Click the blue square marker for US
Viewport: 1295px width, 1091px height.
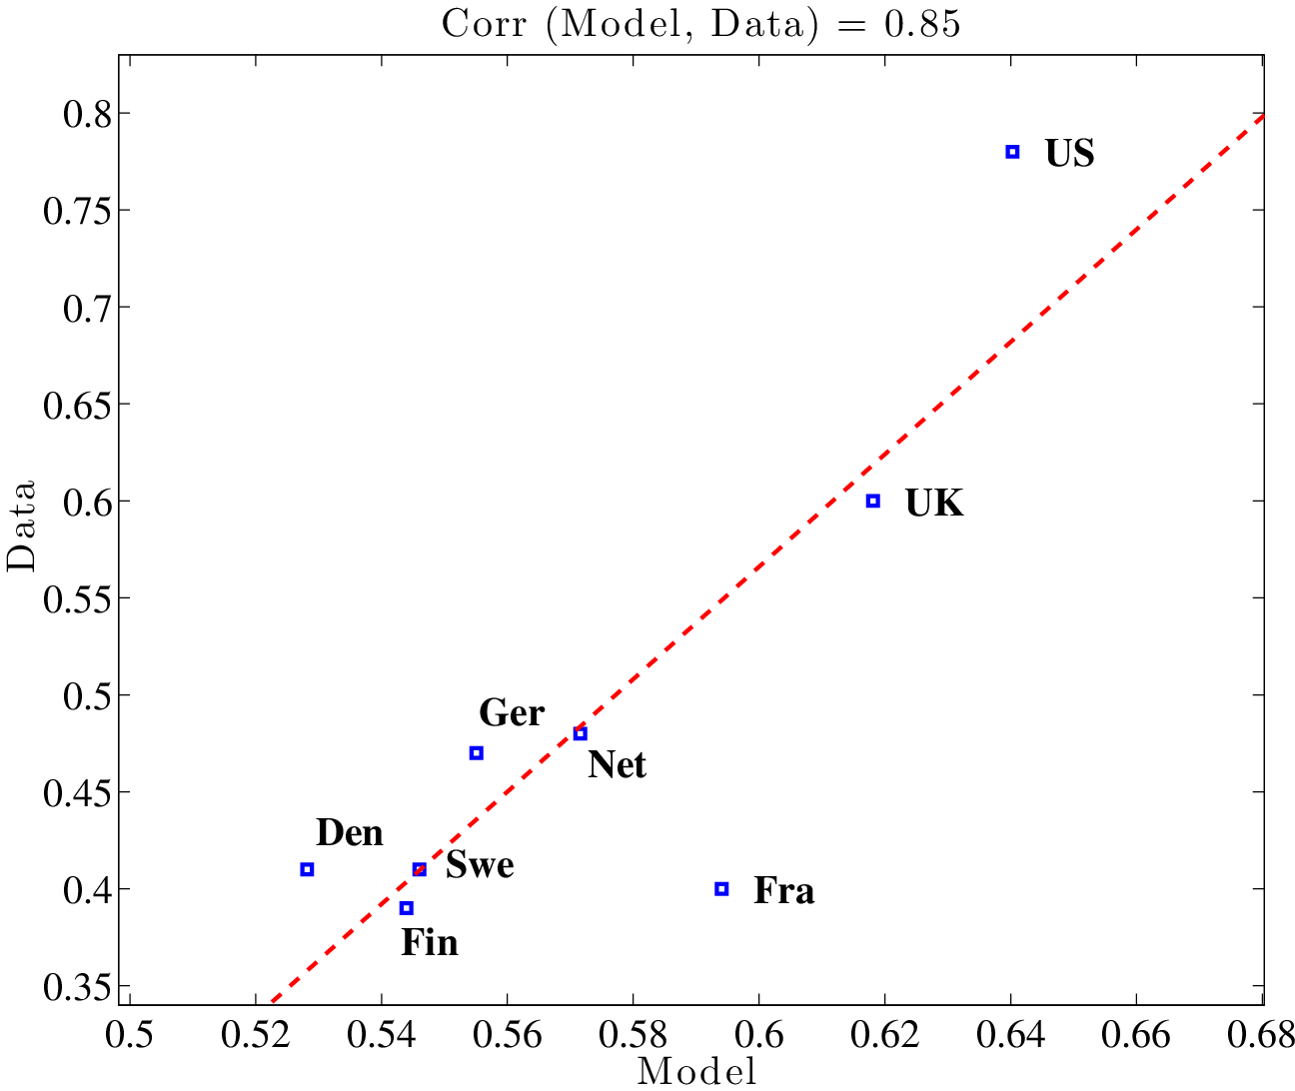1012,152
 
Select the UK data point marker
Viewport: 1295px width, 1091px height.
873,501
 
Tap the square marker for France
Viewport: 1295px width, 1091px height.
721,888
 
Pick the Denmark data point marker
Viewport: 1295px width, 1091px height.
307,869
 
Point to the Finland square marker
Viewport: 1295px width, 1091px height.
406,908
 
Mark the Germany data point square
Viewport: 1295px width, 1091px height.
477,753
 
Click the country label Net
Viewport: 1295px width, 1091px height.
617,765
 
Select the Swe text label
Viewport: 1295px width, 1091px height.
480,864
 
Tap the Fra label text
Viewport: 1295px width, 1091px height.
783,890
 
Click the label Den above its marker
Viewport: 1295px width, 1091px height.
350,832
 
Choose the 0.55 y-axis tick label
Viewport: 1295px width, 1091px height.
76,598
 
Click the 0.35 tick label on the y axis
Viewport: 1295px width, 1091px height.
76,986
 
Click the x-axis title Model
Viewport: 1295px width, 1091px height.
696,1072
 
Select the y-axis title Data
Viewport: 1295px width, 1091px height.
22,526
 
